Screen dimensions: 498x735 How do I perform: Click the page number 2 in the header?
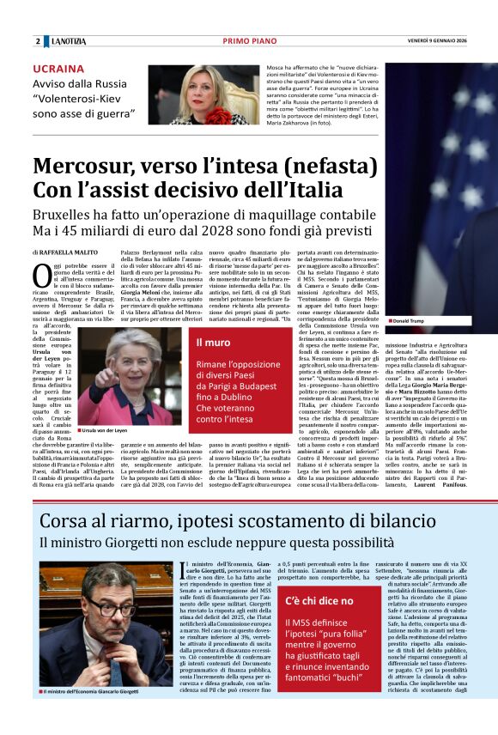point(38,41)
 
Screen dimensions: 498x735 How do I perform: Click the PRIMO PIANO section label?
point(248,41)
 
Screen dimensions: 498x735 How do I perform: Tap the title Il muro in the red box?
point(213,343)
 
